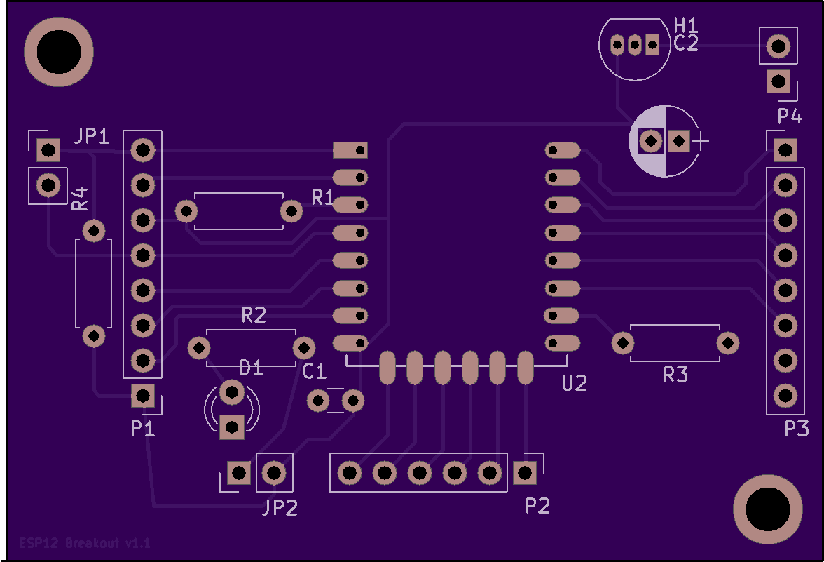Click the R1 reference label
click(322, 197)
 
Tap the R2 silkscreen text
click(254, 315)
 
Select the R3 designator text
click(675, 375)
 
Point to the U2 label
click(575, 383)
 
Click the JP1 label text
click(92, 136)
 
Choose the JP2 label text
click(280, 507)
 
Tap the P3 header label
click(797, 428)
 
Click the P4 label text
click(790, 116)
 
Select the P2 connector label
click(537, 506)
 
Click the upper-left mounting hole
click(59, 52)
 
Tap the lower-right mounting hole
click(768, 509)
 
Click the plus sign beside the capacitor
click(700, 141)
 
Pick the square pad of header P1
click(142, 396)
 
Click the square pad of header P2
click(524, 473)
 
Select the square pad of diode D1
click(232, 427)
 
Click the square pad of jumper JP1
click(48, 150)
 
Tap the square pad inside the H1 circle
click(652, 45)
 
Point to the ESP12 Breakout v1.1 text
click(85, 542)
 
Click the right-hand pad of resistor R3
click(728, 343)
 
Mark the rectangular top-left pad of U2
click(350, 150)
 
